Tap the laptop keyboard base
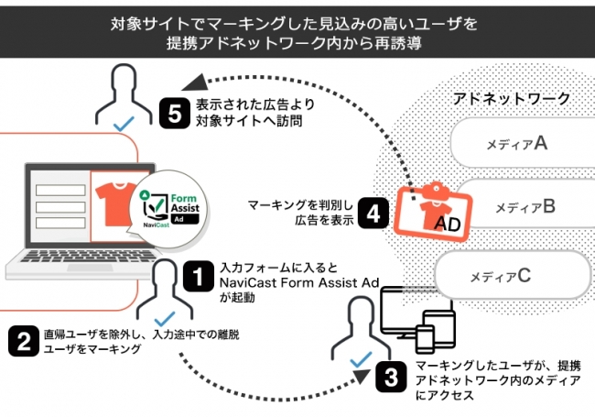[82, 268]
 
